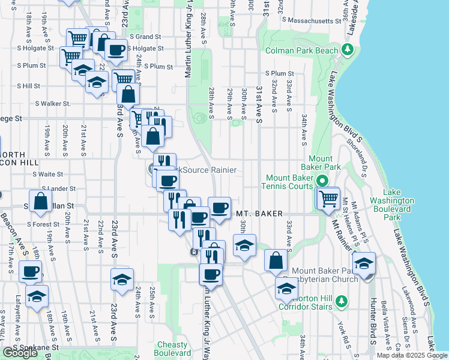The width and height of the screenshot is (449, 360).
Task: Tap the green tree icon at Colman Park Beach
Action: point(347,48)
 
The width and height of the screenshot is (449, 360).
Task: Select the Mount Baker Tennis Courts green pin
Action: point(322,180)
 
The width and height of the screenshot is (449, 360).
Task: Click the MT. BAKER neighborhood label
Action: point(259,213)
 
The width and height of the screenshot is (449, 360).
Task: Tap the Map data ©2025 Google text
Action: point(412,355)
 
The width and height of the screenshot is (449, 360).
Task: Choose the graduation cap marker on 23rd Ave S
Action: point(122,280)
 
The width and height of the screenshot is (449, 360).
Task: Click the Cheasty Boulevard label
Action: point(172,349)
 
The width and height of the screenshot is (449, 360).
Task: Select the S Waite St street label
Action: point(48,174)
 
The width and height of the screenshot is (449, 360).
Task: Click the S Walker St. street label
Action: point(53,104)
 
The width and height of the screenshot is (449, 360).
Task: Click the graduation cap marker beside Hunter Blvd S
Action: point(364,263)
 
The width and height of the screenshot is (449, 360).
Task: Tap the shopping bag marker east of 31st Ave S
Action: point(276,260)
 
